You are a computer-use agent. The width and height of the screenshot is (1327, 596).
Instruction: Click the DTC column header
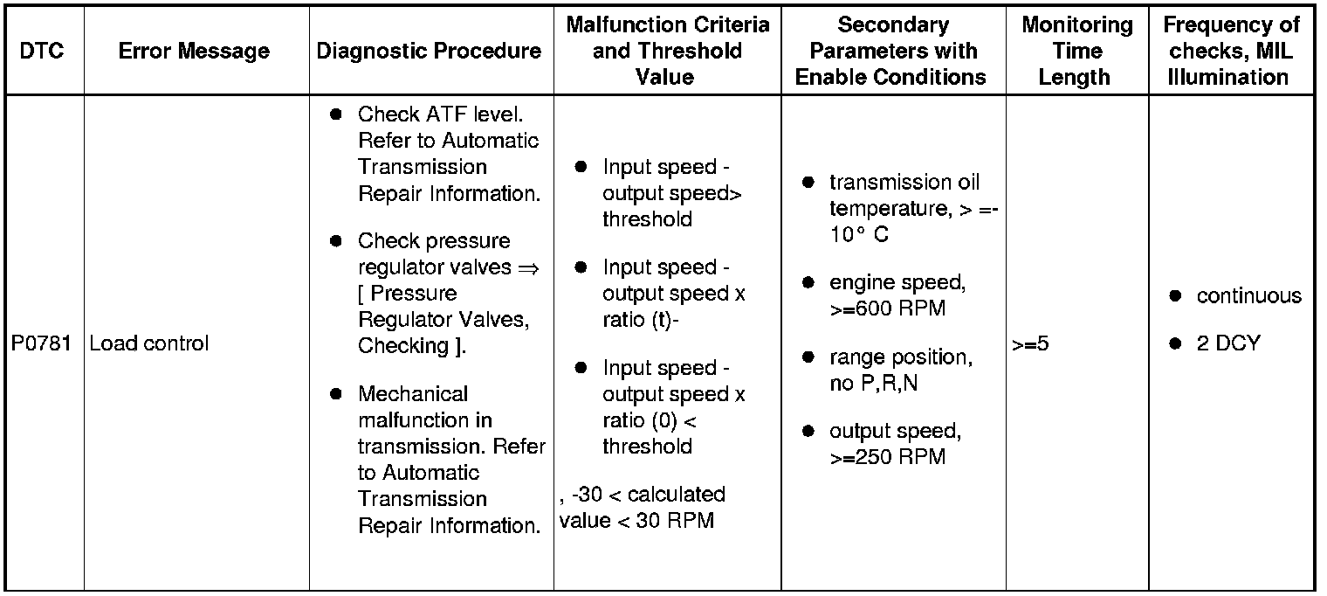(x=43, y=51)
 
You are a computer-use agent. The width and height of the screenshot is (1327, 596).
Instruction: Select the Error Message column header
(x=194, y=51)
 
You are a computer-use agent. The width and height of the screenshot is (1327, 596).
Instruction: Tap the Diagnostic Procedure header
(x=429, y=51)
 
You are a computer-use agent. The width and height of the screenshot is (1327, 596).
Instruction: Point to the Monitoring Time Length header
(x=1076, y=51)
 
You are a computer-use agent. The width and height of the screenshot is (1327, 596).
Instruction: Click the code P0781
(x=42, y=343)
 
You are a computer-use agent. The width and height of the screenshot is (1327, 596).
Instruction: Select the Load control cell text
(x=149, y=343)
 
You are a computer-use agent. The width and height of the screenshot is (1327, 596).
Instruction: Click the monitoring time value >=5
(x=1030, y=343)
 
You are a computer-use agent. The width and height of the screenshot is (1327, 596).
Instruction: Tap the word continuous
(x=1248, y=296)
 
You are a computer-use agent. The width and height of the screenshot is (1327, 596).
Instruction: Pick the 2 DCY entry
(x=1228, y=343)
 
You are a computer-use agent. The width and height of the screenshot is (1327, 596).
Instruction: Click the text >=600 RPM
(x=887, y=308)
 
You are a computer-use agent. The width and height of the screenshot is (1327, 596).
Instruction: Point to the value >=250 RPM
(x=887, y=457)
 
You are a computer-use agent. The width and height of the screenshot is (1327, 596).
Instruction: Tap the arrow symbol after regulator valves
(x=527, y=267)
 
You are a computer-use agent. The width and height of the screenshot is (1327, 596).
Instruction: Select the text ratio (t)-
(x=640, y=320)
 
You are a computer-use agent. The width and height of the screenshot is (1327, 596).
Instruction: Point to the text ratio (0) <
(x=649, y=420)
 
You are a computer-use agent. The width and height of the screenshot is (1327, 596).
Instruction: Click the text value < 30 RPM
(x=636, y=521)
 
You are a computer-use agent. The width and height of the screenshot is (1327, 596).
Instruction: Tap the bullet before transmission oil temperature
(x=808, y=183)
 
